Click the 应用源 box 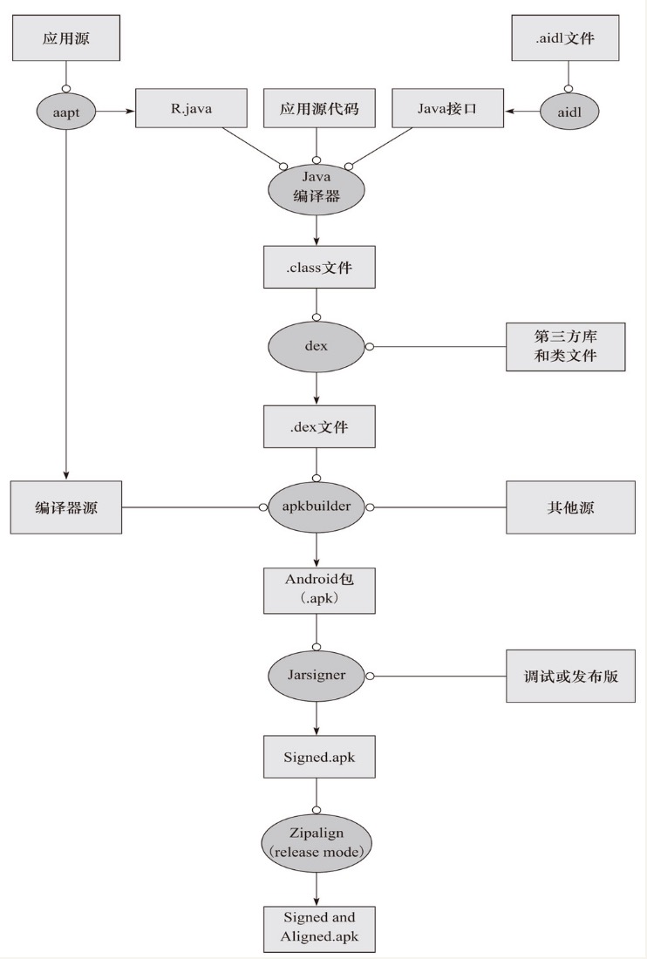coord(66,38)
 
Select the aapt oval coord(66,111)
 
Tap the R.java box coord(192,110)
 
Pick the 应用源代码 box coord(317,110)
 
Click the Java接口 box coord(447,110)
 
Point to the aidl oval coord(568,111)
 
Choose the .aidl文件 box coord(567,38)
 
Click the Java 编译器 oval coord(317,187)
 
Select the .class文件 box coord(319,267)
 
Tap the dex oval coord(317,346)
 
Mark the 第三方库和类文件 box coord(566,346)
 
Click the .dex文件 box coord(319,426)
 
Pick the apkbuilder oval coord(317,507)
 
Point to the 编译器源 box coord(66,507)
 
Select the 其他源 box coord(566,507)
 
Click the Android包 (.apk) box coord(319,590)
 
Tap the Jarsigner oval coord(317,675)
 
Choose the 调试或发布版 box coord(566,675)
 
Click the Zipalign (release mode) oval coord(317,842)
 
